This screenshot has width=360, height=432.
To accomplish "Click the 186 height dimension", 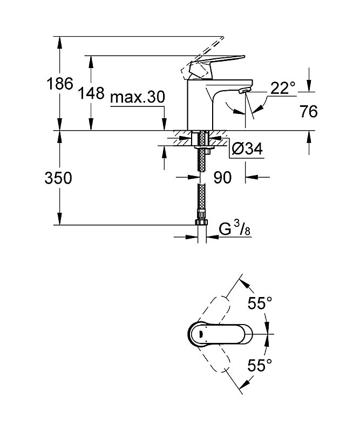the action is pos(60,84).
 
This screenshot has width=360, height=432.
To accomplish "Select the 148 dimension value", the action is pos(91,93).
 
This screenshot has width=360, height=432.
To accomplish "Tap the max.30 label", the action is pos(138,97).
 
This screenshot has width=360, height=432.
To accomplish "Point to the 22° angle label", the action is pos(283,88).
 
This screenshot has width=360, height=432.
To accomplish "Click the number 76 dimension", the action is pos(309,112).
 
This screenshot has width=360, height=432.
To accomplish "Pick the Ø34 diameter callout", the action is pos(247,149).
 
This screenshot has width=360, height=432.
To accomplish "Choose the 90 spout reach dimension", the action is pos(222,178).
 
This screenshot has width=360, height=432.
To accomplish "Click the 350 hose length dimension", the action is pos(58,178).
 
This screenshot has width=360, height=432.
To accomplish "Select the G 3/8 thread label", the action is pos(235,229).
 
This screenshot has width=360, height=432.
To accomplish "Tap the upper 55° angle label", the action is pos(260,303).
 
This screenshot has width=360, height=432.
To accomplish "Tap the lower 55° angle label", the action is pos(260,365).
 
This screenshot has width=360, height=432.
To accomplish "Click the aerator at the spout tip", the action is pos(245,90).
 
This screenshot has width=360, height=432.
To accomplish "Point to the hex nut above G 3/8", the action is pos(202,222).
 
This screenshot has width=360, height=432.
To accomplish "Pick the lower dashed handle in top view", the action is pos(214,357).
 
